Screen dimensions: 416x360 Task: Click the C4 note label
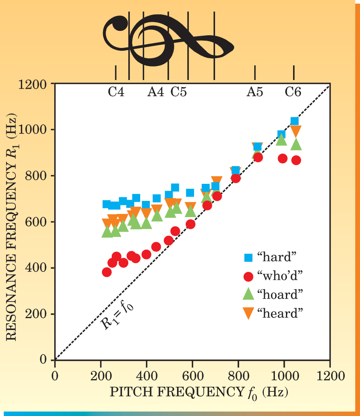116,92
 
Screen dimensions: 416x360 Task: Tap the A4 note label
155,92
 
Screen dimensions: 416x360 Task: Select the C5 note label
179,92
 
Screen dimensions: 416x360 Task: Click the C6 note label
293,92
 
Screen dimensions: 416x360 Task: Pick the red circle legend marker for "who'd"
248,276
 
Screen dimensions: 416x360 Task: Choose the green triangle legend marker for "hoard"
248,294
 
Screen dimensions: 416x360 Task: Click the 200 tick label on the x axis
101,375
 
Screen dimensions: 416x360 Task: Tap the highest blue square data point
295,121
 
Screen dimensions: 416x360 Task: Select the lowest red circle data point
107,272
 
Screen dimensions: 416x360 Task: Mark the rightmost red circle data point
296,160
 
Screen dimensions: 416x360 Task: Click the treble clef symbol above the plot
166,40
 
